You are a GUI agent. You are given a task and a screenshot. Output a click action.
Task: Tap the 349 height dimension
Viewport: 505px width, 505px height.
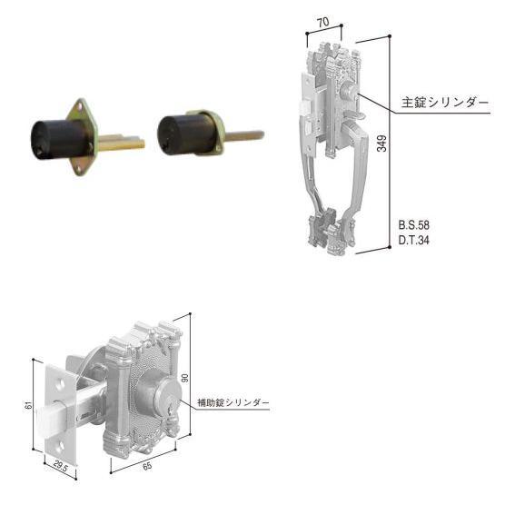(382, 144)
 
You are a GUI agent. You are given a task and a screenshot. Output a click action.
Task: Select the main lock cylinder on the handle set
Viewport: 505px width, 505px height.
(350, 94)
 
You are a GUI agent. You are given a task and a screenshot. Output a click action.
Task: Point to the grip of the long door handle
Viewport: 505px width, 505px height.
(309, 173)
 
